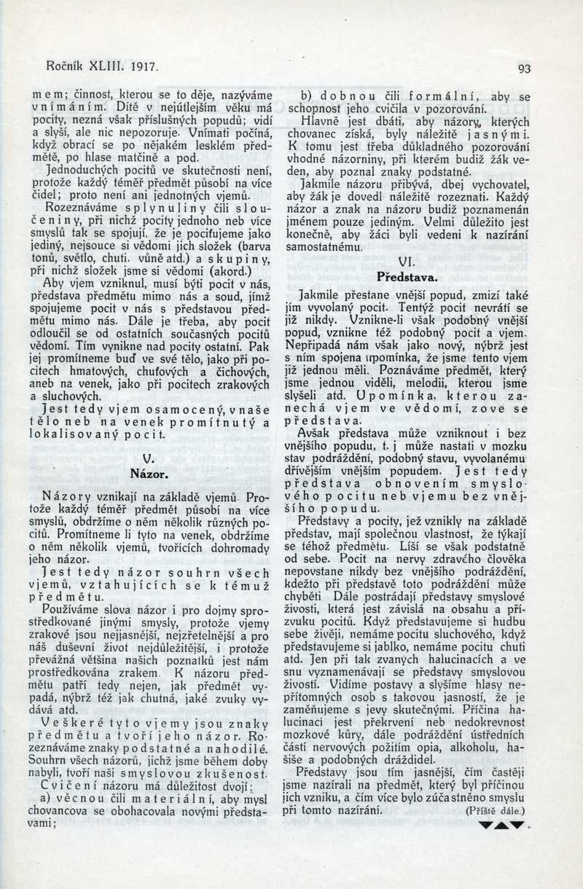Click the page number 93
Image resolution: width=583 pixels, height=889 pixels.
(x=524, y=69)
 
